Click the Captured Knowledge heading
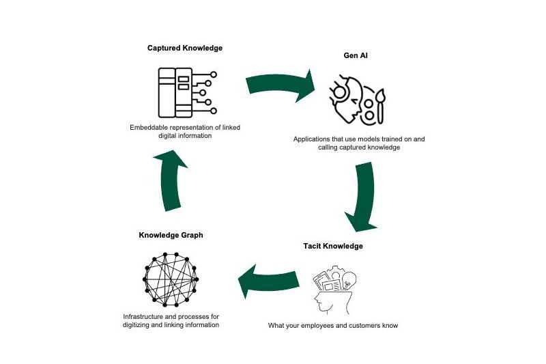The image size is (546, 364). click(x=185, y=48)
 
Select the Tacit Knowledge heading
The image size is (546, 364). click(x=333, y=246)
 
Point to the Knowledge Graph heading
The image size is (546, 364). click(x=171, y=236)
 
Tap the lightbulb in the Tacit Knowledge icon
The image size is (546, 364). click(x=349, y=278)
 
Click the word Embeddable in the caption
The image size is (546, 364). click(x=152, y=126)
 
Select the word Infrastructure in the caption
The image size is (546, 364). click(x=145, y=317)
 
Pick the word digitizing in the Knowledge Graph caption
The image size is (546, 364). click(x=139, y=325)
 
